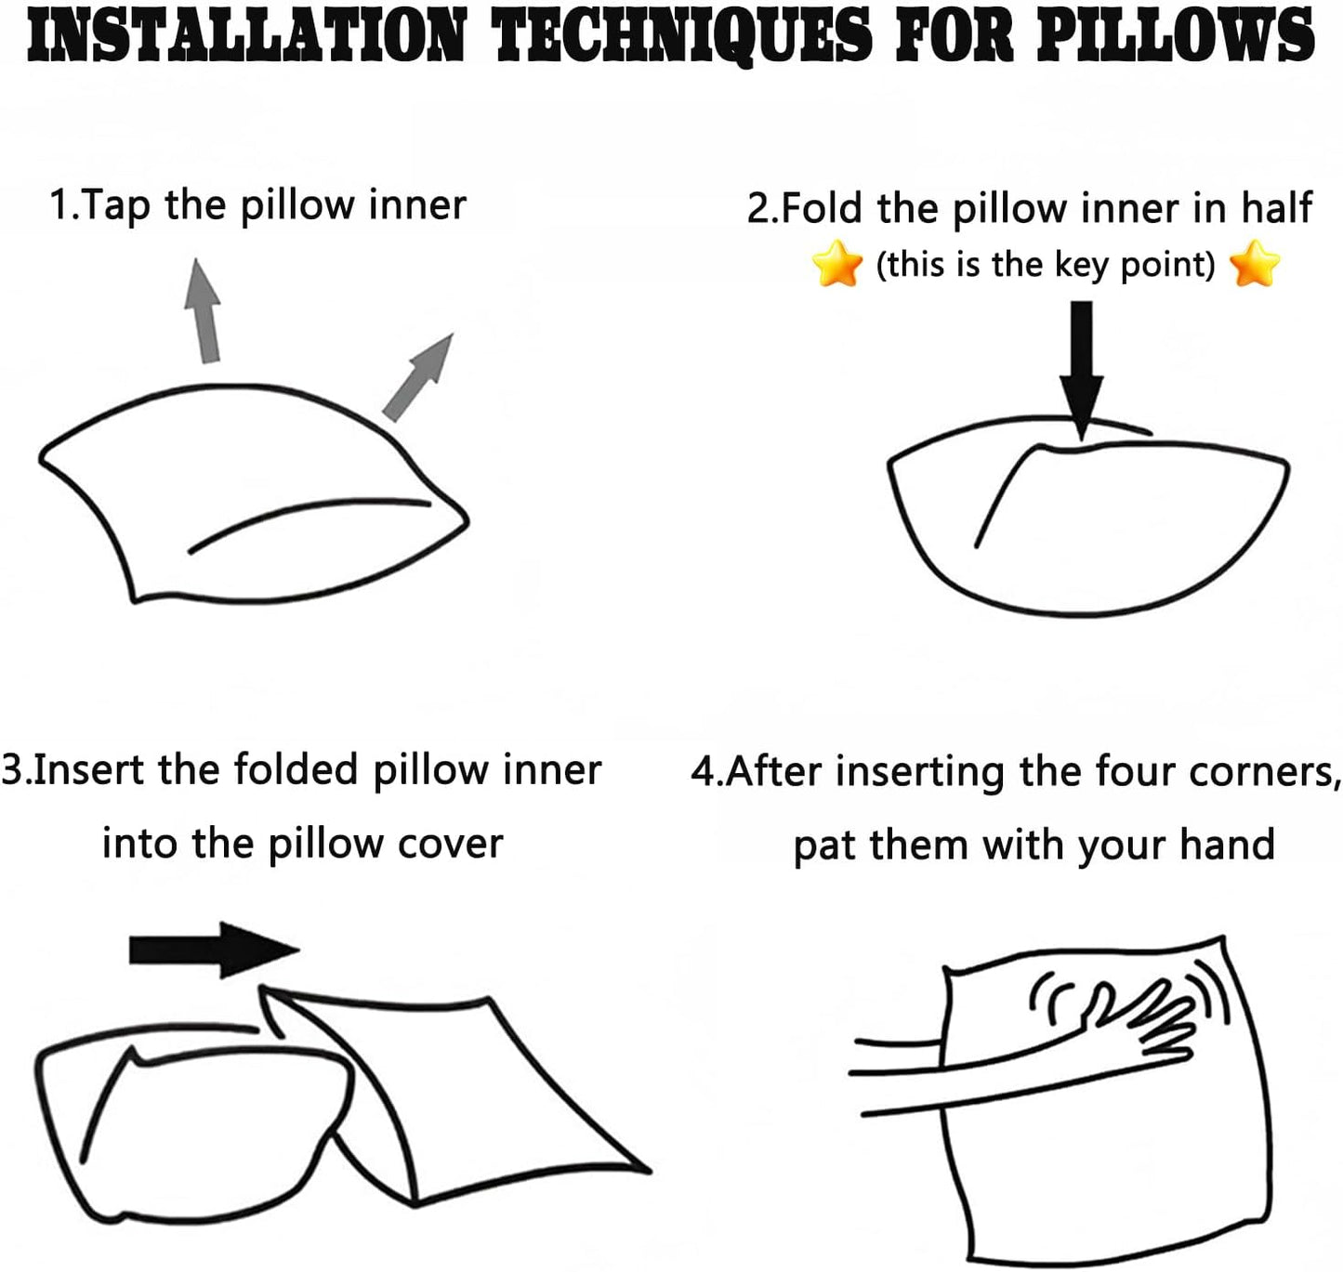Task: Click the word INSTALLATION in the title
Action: (x=246, y=34)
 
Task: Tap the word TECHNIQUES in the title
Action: (x=684, y=35)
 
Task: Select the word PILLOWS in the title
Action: (x=1175, y=34)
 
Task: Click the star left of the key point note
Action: (x=836, y=263)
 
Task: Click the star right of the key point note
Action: (x=1254, y=263)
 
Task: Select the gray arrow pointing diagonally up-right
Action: (x=417, y=377)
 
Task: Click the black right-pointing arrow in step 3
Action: (x=214, y=951)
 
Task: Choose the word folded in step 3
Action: (x=296, y=769)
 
